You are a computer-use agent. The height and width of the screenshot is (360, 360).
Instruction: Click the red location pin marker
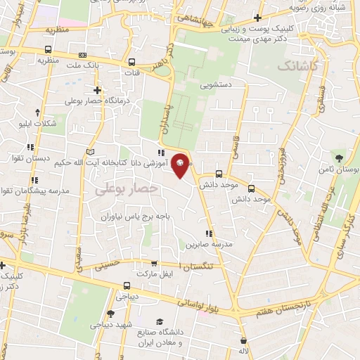coord(181,165)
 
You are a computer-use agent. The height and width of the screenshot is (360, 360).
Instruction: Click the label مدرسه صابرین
coord(205,245)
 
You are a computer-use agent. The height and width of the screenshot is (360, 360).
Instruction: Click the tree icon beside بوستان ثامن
coord(340,156)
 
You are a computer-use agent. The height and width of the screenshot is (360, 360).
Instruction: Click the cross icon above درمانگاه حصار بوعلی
coord(98,91)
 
